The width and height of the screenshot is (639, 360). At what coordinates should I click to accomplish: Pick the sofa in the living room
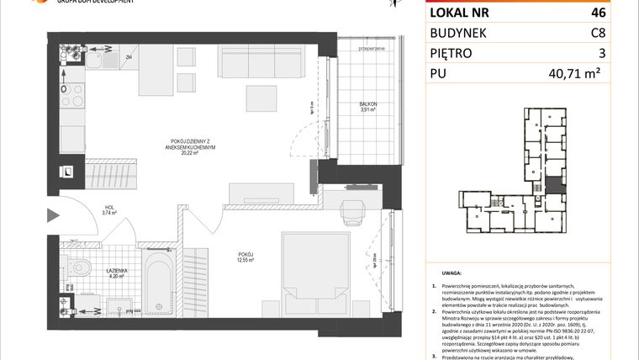pos(251,61)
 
